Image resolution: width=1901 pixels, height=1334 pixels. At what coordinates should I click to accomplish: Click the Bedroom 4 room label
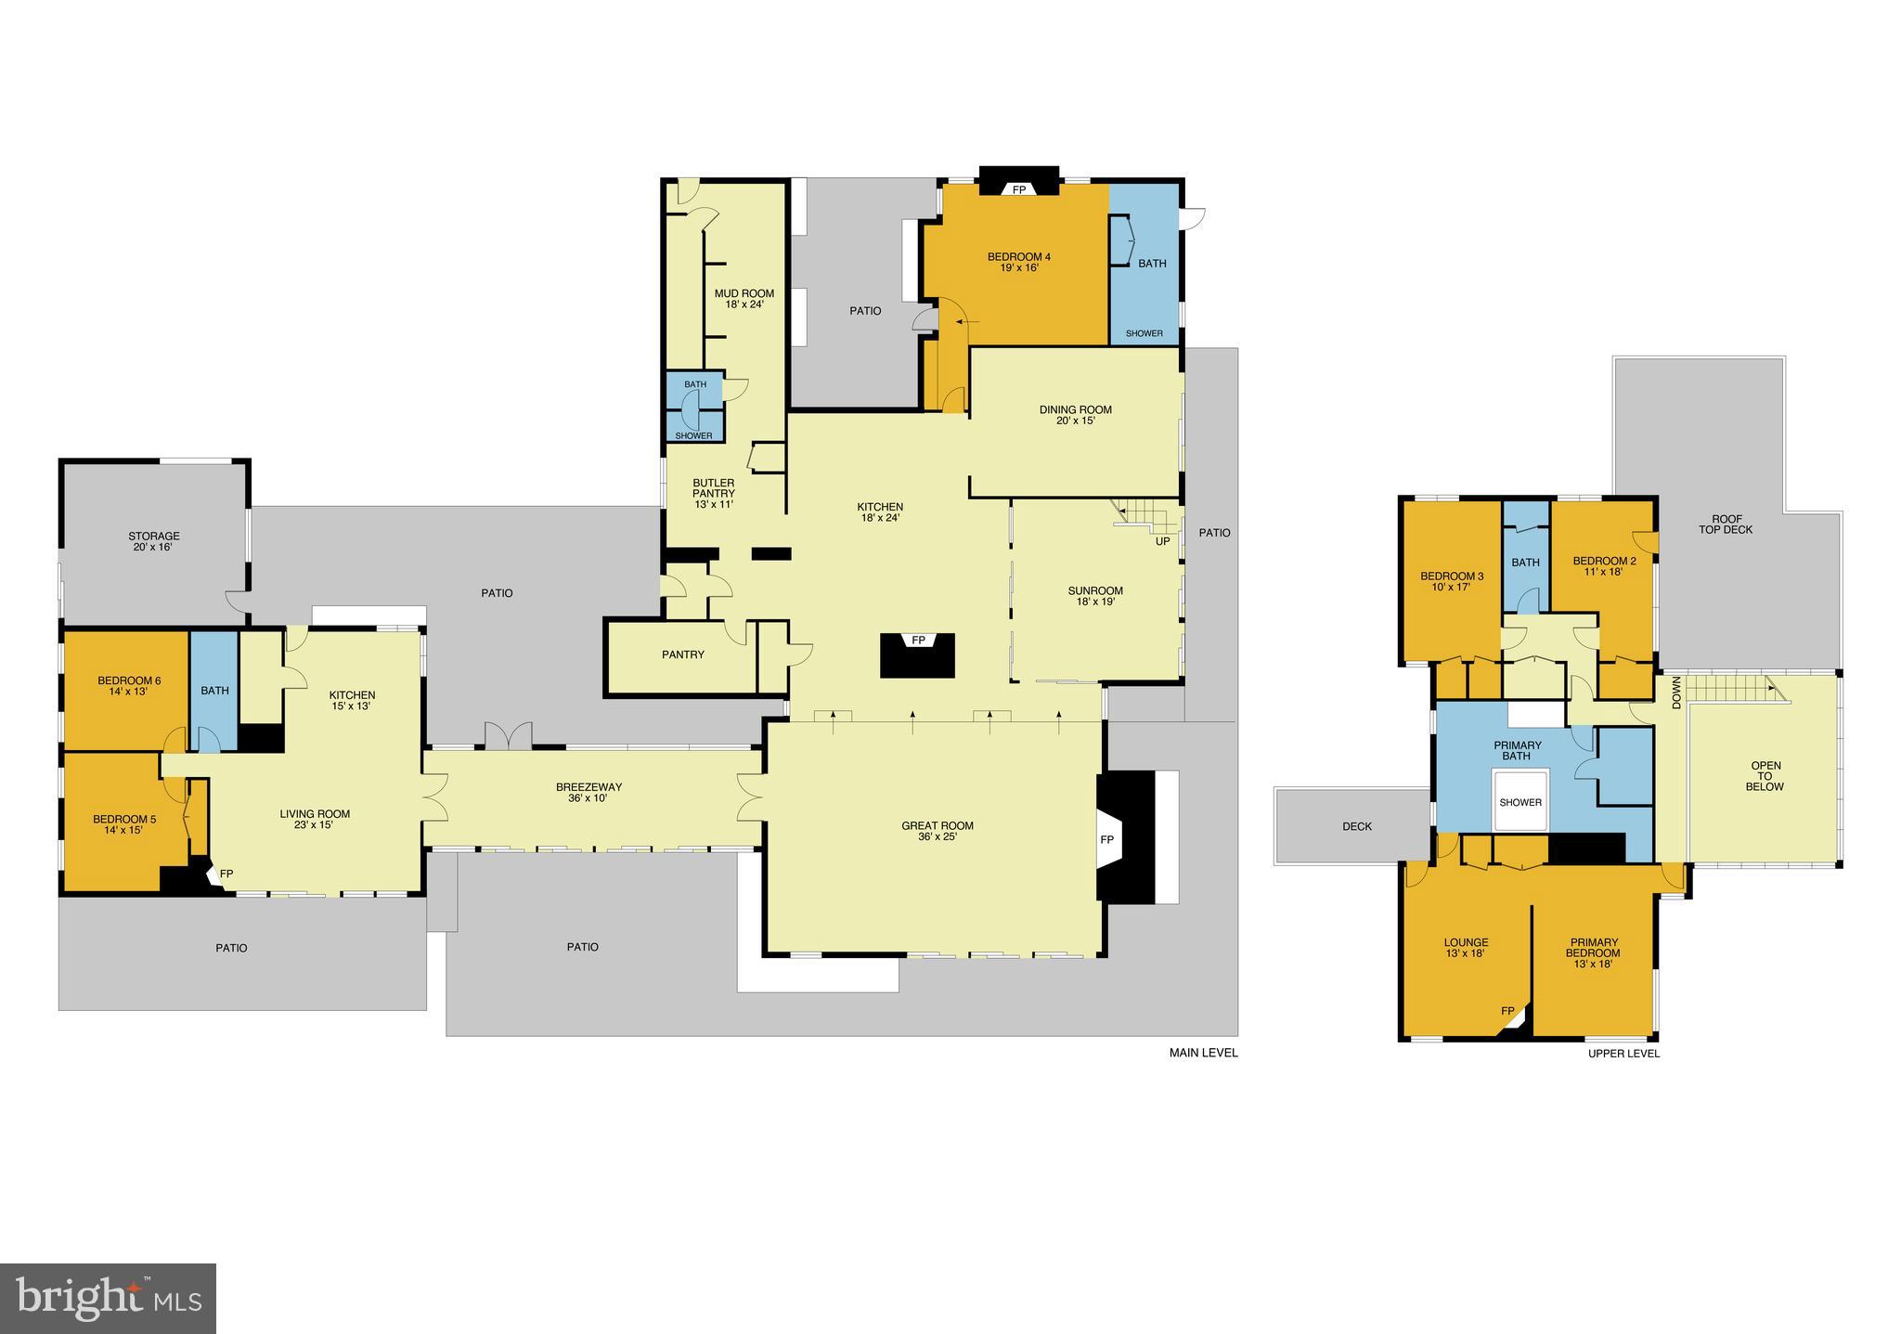point(1018,262)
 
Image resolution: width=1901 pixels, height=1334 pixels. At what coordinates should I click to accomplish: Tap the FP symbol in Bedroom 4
point(1018,189)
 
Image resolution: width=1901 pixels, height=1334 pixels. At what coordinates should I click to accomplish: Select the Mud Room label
point(744,298)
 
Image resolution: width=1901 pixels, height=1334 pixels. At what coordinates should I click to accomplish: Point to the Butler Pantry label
point(713,493)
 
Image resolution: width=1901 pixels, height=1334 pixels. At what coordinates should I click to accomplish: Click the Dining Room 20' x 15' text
point(1075,415)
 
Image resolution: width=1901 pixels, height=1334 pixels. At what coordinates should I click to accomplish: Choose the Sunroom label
point(1095,596)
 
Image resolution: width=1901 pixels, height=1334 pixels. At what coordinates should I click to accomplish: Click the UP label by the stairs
point(1162,541)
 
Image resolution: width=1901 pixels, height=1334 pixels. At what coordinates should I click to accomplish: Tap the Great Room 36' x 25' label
point(938,831)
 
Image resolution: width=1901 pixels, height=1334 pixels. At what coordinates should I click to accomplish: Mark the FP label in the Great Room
point(1106,839)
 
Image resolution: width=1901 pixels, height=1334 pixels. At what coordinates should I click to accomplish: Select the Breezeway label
point(588,792)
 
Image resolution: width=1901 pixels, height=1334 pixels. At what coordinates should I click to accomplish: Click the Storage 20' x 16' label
point(154,541)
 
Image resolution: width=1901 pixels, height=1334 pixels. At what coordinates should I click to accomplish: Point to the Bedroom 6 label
point(129,686)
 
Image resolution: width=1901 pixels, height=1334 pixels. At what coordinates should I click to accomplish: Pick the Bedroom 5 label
point(124,824)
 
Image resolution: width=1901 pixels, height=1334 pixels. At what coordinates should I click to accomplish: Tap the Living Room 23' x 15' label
point(315,819)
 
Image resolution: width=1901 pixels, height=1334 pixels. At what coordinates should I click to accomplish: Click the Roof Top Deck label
point(1726,525)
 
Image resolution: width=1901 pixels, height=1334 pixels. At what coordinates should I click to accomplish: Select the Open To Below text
point(1765,776)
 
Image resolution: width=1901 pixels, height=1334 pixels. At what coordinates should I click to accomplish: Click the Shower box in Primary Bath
point(1520,802)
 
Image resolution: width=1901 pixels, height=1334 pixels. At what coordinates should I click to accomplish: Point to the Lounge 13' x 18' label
point(1466,948)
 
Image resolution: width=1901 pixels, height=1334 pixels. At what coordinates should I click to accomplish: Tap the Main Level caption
point(1203,1053)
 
